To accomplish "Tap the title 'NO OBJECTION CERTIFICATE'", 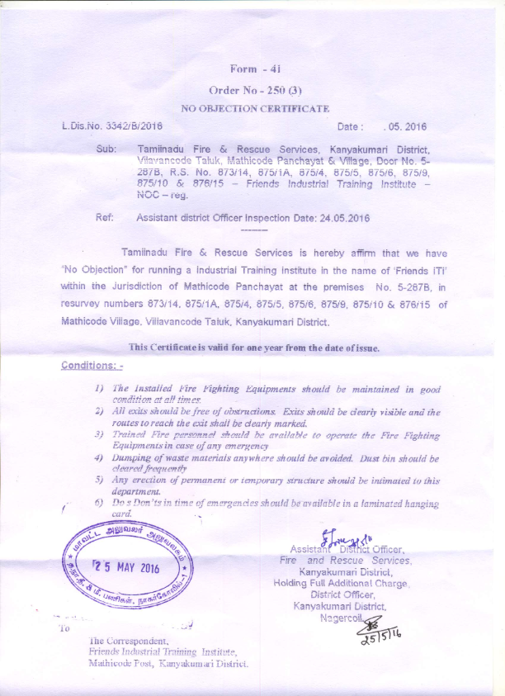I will [254, 108].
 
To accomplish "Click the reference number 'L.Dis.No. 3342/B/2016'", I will [112, 127].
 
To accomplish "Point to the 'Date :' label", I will [350, 127].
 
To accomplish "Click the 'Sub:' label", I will [106, 149].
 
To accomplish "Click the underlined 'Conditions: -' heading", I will [92, 365].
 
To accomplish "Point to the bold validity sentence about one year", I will [254, 348].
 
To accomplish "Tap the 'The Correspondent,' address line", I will [128, 640].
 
